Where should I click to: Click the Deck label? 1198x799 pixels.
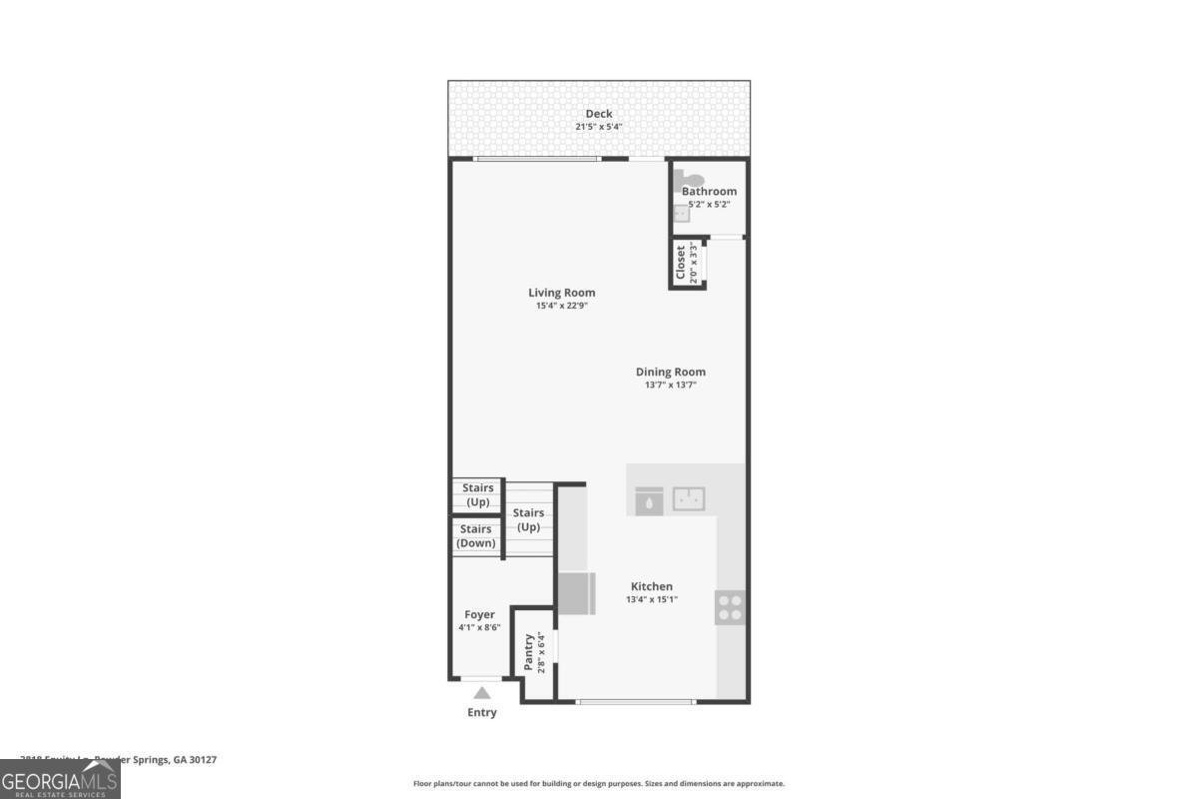(x=599, y=114)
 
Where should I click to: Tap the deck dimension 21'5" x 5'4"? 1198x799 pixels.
(x=599, y=127)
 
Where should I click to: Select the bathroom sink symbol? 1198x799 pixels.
(x=681, y=213)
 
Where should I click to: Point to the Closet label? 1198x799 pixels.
(x=682, y=262)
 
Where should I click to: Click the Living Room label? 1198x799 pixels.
(x=562, y=293)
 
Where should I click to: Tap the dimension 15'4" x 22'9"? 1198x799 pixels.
(x=562, y=306)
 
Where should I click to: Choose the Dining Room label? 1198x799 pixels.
(x=671, y=372)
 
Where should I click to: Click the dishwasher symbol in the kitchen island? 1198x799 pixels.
(x=649, y=500)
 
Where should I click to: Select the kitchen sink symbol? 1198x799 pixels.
(x=689, y=498)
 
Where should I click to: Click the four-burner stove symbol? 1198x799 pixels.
(x=730, y=607)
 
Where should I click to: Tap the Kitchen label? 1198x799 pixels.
(x=651, y=586)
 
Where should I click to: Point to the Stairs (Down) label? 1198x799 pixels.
(x=476, y=536)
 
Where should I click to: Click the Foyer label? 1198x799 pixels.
(x=479, y=614)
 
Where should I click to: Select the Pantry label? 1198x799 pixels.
(x=530, y=652)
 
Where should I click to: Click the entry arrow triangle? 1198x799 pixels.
(x=482, y=692)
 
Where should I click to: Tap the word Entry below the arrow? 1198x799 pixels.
(x=482, y=712)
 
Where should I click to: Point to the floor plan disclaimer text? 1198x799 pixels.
(x=599, y=784)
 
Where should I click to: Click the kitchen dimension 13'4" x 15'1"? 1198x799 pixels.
(x=651, y=599)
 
